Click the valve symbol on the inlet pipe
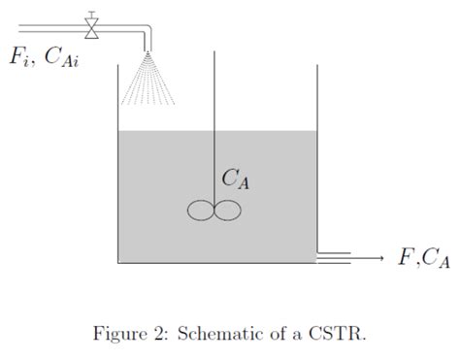(92, 27)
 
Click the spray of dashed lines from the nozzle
(148, 82)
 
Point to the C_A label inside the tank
(236, 180)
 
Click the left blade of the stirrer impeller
(201, 210)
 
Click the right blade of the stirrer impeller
(226, 210)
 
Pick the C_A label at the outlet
(435, 259)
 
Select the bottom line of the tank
(217, 263)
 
